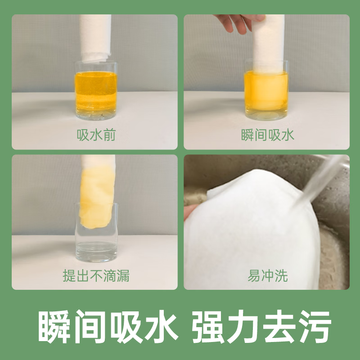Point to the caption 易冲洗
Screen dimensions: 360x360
[267, 275]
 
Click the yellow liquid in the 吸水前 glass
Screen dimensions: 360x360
[95, 92]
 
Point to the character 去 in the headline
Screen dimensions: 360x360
[277, 325]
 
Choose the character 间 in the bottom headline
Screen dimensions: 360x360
[84, 325]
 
